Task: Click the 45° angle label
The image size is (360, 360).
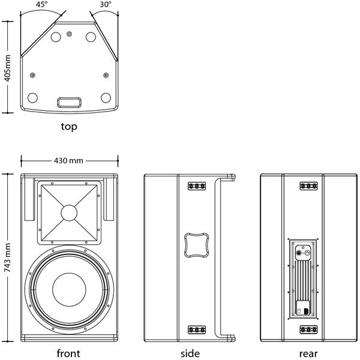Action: tap(41, 4)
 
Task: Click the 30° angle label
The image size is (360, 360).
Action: tap(106, 4)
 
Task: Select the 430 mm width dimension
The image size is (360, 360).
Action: tap(68, 160)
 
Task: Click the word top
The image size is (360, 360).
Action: tap(69, 127)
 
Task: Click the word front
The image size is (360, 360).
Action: tap(68, 353)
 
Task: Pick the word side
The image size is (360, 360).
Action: tap(190, 353)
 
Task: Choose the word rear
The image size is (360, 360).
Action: tap(308, 353)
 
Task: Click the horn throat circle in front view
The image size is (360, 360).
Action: tap(68, 213)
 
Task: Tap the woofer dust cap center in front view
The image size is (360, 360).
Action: tap(70, 287)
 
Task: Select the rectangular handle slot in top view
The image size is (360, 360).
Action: tap(68, 101)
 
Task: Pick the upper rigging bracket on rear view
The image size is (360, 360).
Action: tap(308, 186)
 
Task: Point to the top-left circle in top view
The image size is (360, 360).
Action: tap(56, 37)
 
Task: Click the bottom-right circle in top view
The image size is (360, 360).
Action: tap(106, 97)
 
